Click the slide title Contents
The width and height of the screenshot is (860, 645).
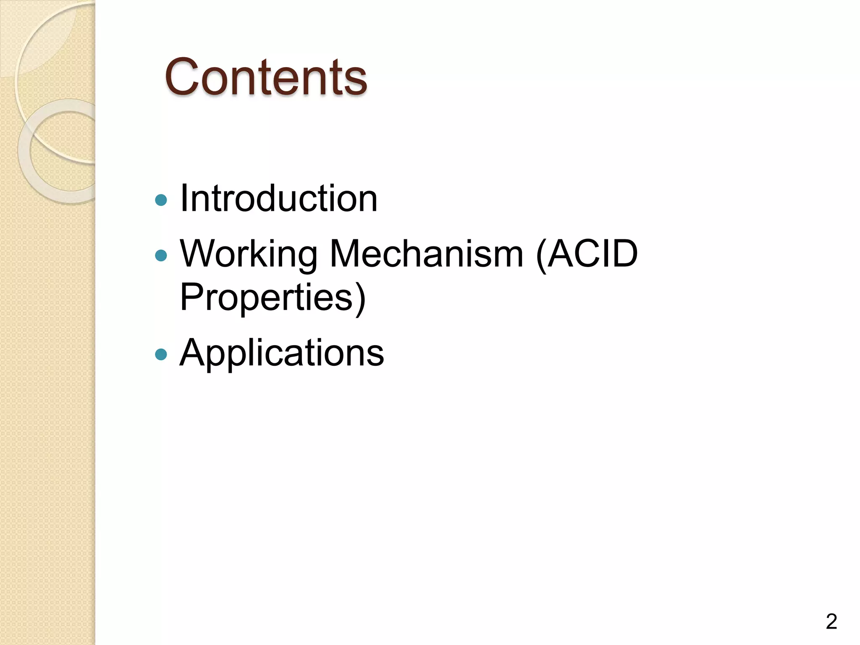[x=266, y=77]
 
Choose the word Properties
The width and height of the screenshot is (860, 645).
[x=266, y=297]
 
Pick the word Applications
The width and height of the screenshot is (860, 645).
[x=281, y=353]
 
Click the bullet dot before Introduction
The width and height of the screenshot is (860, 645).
[x=161, y=200]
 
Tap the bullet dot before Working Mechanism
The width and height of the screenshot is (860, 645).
[x=161, y=255]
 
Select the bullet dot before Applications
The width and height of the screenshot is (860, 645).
[x=161, y=354]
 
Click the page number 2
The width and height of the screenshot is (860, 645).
[x=831, y=621]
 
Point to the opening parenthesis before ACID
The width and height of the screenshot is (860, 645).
[x=541, y=255]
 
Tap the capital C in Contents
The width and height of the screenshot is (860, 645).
[x=182, y=77]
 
